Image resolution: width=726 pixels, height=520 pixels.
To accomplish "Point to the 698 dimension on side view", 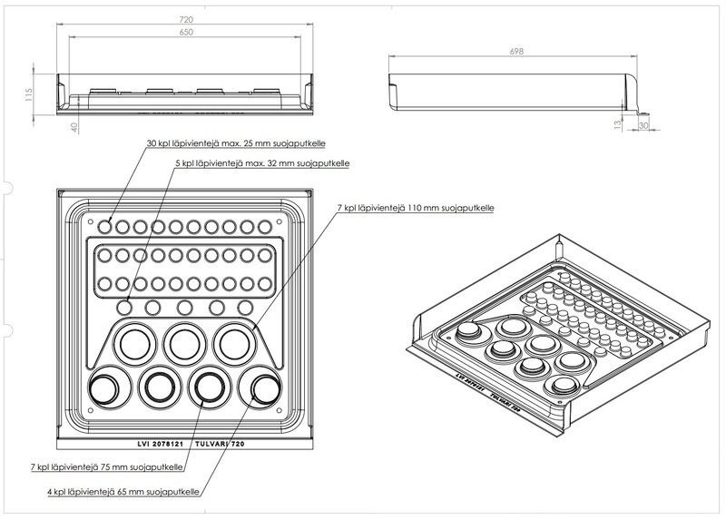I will click(x=518, y=52).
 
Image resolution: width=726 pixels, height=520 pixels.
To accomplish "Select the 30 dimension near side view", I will click(x=643, y=126).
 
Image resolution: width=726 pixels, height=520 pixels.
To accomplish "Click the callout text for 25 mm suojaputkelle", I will click(x=236, y=143).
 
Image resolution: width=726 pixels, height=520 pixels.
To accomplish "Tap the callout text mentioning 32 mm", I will click(x=262, y=163).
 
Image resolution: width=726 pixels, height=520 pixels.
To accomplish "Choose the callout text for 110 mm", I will click(x=415, y=208).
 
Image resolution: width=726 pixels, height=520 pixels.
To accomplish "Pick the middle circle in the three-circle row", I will click(x=183, y=342).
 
